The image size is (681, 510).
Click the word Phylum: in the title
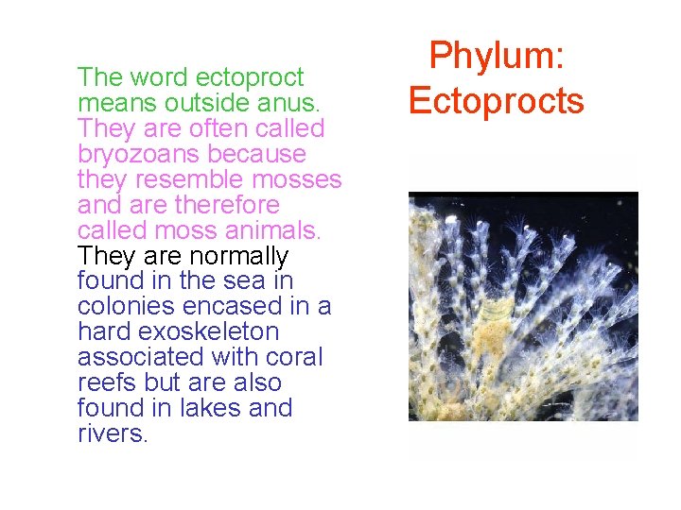click(497, 57)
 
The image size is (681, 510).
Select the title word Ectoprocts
click(497, 99)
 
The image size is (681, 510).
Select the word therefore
click(234, 205)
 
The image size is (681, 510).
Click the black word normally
click(239, 256)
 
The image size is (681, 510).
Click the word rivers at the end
click(112, 434)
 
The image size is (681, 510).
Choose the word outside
click(183, 103)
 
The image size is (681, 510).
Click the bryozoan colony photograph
click(522, 306)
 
